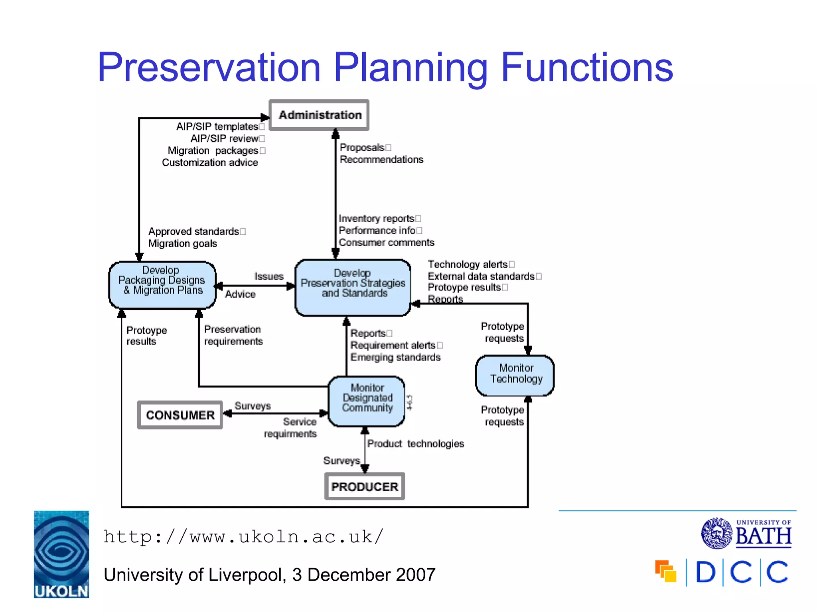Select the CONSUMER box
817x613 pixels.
click(180, 415)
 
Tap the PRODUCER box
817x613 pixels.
click(365, 486)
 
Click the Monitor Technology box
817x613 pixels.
click(515, 375)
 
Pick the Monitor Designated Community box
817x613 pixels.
click(367, 401)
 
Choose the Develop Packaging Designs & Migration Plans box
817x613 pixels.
click(162, 284)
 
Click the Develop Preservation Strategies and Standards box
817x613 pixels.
click(353, 287)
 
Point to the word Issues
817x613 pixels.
click(268, 276)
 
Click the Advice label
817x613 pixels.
click(240, 294)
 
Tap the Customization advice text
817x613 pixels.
click(210, 163)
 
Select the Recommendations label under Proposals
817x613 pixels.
click(381, 160)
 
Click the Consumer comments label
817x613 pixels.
click(386, 243)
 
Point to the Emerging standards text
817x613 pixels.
click(395, 357)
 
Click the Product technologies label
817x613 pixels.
click(416, 444)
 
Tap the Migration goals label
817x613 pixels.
click(183, 243)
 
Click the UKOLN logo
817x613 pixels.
click(61, 554)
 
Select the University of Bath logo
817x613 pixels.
click(746, 533)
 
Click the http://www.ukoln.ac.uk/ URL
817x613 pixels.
click(243, 537)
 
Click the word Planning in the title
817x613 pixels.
click(410, 68)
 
